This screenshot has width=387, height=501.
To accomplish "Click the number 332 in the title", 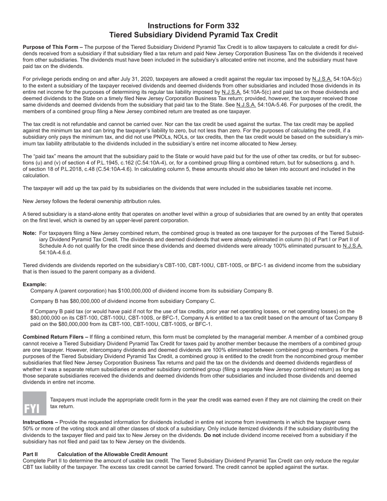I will (x=231, y=26).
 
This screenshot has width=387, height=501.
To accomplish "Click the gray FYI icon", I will (x=35, y=403).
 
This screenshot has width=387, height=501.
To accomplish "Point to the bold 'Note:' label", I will (x=30, y=233).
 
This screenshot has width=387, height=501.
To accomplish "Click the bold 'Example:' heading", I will (x=35, y=284).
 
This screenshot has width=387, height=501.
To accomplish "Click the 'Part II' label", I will (x=30, y=454).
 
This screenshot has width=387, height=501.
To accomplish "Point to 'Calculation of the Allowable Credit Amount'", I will (x=112, y=454).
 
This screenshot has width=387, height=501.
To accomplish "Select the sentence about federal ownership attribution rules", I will (x=92, y=201).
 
